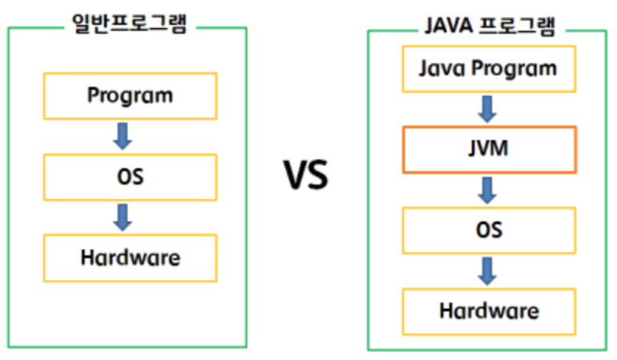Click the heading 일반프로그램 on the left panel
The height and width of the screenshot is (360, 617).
tap(128, 23)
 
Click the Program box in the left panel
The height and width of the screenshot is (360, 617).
tap(130, 96)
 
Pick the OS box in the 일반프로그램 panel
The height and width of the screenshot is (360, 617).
tap(130, 177)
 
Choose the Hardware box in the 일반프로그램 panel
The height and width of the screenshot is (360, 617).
tap(130, 258)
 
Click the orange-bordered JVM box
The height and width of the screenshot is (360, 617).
tap(489, 149)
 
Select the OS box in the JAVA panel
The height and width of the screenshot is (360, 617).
tap(489, 230)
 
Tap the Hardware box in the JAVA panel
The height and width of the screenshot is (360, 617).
tap(489, 311)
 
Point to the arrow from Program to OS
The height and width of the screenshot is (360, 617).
tap(122, 136)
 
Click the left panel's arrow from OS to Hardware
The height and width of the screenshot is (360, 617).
tap(122, 217)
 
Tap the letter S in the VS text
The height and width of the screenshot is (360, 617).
tap(317, 176)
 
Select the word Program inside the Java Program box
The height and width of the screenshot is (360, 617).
tap(513, 69)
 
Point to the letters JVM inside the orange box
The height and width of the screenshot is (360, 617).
tap(489, 149)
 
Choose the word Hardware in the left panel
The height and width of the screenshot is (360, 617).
tap(130, 258)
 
